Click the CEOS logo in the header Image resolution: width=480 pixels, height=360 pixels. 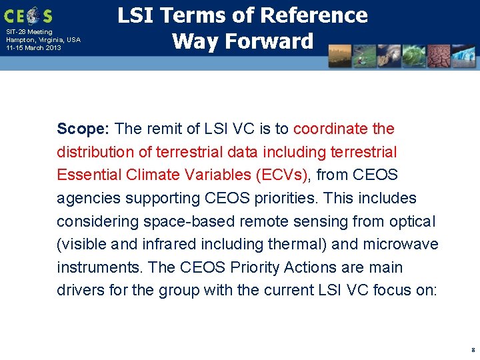(28, 15)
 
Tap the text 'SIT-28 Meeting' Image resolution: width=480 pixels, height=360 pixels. (29, 32)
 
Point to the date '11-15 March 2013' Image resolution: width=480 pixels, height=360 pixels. (33, 48)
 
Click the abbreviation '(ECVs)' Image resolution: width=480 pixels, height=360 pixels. (281, 175)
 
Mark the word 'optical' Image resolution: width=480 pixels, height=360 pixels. (411, 221)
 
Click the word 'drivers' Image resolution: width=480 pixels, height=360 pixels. (79, 291)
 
